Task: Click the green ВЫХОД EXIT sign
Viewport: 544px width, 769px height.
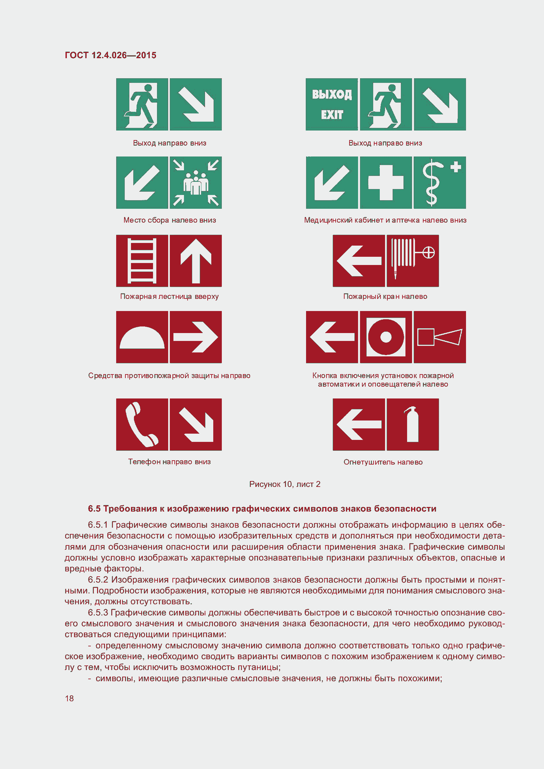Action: tap(331, 104)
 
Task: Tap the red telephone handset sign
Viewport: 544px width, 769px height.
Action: tap(142, 424)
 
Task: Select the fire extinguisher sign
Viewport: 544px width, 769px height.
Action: tap(413, 424)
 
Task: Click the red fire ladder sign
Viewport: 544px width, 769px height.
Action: tap(142, 261)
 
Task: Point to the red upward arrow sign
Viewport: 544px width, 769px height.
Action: tap(196, 261)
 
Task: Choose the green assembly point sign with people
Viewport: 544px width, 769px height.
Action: tap(196, 182)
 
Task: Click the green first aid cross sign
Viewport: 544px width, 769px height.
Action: tap(385, 182)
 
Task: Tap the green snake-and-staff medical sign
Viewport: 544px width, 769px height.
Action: tap(439, 182)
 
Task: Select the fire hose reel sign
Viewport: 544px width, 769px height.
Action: tap(413, 261)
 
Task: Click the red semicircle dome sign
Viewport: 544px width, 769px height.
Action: tap(142, 337)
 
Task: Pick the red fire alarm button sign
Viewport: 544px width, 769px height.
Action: tap(385, 337)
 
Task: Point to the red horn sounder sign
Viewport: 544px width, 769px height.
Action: tap(439, 337)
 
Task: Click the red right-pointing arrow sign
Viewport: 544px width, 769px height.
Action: tap(196, 337)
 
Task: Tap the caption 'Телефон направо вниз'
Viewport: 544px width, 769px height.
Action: tap(169, 462)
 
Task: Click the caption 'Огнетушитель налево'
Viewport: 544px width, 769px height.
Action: tap(383, 462)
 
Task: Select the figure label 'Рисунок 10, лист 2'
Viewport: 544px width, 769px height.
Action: tap(285, 484)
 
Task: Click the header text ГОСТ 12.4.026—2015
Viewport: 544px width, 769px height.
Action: tap(111, 55)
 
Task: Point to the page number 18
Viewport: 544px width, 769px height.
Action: tap(69, 698)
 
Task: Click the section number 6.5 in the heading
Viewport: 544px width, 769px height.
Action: tap(94, 509)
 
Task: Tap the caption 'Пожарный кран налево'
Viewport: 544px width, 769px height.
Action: tap(385, 297)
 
